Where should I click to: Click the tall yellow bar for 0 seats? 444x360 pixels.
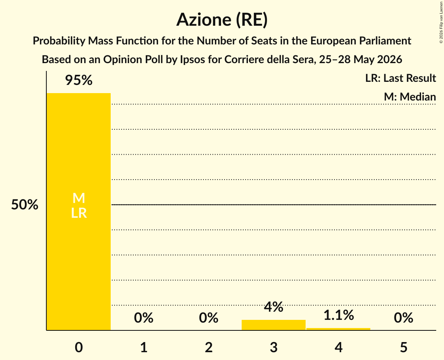79,212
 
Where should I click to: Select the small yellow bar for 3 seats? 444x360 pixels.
274,325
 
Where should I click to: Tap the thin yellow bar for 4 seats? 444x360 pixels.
338,329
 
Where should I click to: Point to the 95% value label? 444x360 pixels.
79,80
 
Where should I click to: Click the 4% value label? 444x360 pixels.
274,307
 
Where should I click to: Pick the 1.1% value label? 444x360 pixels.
339,315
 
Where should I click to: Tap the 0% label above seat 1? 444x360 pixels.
143,318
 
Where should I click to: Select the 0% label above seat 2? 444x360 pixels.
209,318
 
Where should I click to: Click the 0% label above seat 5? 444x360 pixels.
403,318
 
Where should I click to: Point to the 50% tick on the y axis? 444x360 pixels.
25,204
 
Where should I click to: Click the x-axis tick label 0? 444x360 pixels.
79,347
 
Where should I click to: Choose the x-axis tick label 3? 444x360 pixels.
274,347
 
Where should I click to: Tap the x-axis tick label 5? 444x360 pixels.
403,347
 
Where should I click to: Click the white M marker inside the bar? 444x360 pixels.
79,198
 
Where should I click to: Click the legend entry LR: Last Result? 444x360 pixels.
400,78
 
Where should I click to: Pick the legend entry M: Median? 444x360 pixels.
410,97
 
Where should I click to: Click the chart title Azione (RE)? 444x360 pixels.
222,20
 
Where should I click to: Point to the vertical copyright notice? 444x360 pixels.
441,22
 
